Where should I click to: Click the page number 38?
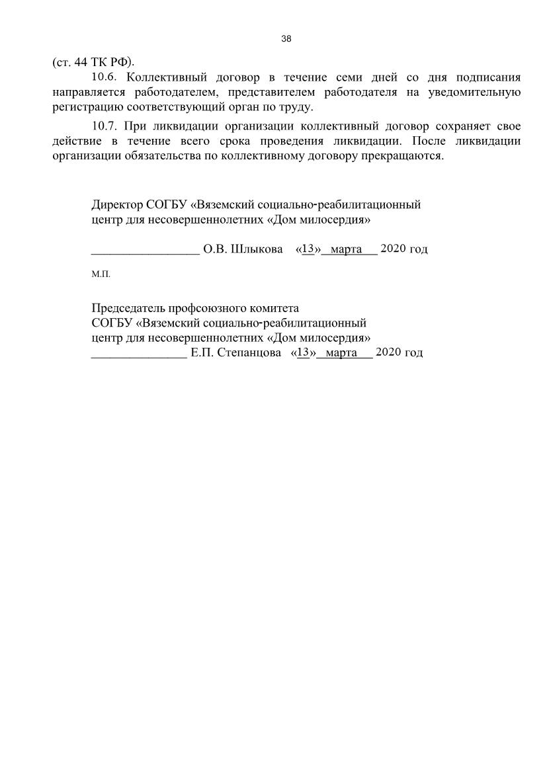(x=286, y=38)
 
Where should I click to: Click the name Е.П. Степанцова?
(x=230, y=352)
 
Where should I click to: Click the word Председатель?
(x=128, y=307)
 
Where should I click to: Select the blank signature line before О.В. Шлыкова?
(x=145, y=251)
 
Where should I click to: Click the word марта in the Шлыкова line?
(x=345, y=249)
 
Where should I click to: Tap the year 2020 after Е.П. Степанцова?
(x=388, y=352)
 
